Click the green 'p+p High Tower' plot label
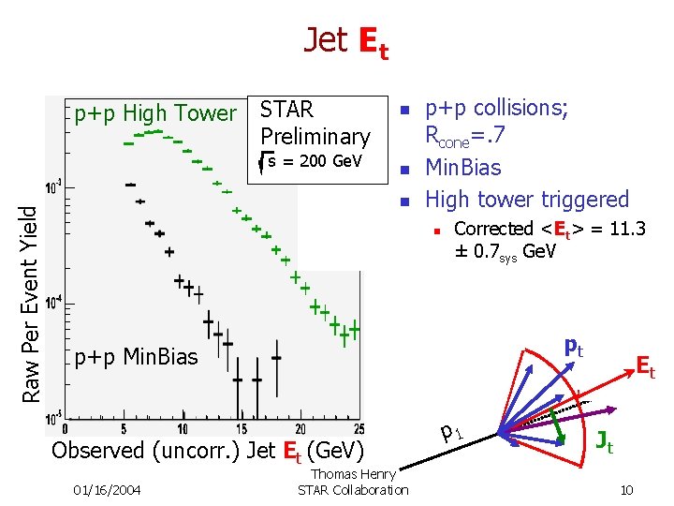coord(155,113)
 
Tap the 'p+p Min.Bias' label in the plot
coord(137,357)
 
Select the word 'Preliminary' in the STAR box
coord(315,136)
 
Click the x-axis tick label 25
coord(356,429)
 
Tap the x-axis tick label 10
coord(184,429)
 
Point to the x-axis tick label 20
coord(299,429)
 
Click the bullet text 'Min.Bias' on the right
coord(463,169)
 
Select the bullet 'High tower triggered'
coord(527,199)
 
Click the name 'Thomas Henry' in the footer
coord(353,475)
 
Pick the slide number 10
coord(626,489)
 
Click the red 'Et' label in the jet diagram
coord(645,366)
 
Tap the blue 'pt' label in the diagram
coord(572,349)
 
